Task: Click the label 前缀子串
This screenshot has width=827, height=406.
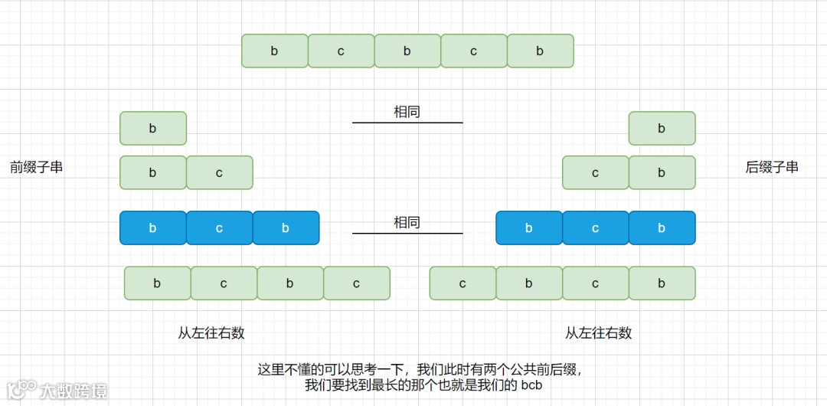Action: pyautogui.click(x=36, y=167)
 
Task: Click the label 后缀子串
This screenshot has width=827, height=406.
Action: pyautogui.click(x=772, y=167)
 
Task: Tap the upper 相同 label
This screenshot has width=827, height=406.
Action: pyautogui.click(x=407, y=112)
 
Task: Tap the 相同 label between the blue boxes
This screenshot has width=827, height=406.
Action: pyautogui.click(x=407, y=223)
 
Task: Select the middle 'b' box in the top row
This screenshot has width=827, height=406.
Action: pyautogui.click(x=407, y=51)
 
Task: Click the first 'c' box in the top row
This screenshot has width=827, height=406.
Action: pyautogui.click(x=341, y=51)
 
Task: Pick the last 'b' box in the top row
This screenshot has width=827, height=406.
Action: pyautogui.click(x=540, y=51)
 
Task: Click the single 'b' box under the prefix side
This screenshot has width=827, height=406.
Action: pyautogui.click(x=153, y=129)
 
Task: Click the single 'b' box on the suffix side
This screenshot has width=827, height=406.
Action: pyautogui.click(x=662, y=129)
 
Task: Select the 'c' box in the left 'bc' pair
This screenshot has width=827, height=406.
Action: pyautogui.click(x=219, y=173)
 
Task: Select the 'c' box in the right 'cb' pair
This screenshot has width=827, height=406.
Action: pyautogui.click(x=596, y=173)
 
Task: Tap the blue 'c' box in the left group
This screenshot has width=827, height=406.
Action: pyautogui.click(x=219, y=228)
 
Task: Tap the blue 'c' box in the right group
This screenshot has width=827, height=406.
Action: pyautogui.click(x=596, y=228)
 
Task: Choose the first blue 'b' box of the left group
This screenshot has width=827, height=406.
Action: pyautogui.click(x=153, y=228)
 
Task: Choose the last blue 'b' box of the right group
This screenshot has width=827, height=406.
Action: pyautogui.click(x=662, y=228)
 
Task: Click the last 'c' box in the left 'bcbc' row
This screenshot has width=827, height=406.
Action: pyautogui.click(x=356, y=283)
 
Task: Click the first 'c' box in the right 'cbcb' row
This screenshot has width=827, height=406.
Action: pyautogui.click(x=463, y=283)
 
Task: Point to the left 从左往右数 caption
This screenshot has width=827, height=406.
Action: pyautogui.click(x=211, y=333)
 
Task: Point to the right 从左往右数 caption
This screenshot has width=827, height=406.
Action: pyautogui.click(x=598, y=333)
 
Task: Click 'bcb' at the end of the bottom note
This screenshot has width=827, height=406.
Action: pyautogui.click(x=531, y=385)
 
